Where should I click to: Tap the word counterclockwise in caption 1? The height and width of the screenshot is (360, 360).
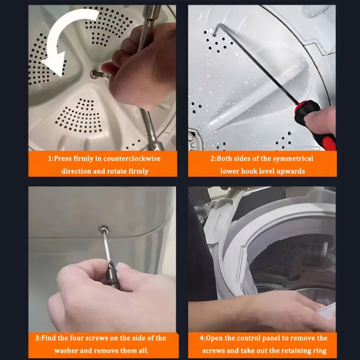coord(132,159)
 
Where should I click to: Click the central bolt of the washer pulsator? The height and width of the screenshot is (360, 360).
coord(94,74)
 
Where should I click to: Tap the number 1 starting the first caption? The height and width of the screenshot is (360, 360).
coord(50,159)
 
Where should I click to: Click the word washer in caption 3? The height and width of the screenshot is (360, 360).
coord(66,351)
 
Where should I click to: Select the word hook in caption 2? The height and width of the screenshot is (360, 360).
coord(249,171)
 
